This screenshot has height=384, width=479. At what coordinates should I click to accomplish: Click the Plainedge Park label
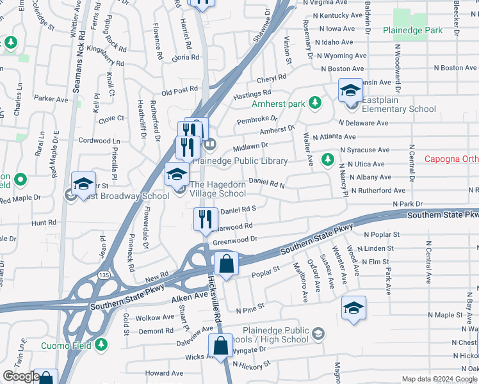(x=412, y=30)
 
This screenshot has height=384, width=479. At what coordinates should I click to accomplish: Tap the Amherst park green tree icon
(x=314, y=102)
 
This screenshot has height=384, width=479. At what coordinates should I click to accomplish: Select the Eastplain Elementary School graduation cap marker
(x=350, y=91)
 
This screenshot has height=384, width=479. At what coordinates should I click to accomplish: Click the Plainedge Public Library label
(x=239, y=161)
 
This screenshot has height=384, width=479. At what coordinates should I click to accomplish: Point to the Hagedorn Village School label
(x=218, y=189)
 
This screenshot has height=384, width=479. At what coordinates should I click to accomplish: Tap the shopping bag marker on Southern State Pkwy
(x=227, y=264)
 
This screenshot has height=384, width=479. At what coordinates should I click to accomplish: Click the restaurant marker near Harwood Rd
(x=206, y=220)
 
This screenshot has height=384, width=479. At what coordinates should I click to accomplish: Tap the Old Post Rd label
(x=180, y=91)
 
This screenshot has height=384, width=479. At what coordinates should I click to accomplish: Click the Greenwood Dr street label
(x=234, y=241)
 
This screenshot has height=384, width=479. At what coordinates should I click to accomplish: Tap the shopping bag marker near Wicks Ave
(x=220, y=345)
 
